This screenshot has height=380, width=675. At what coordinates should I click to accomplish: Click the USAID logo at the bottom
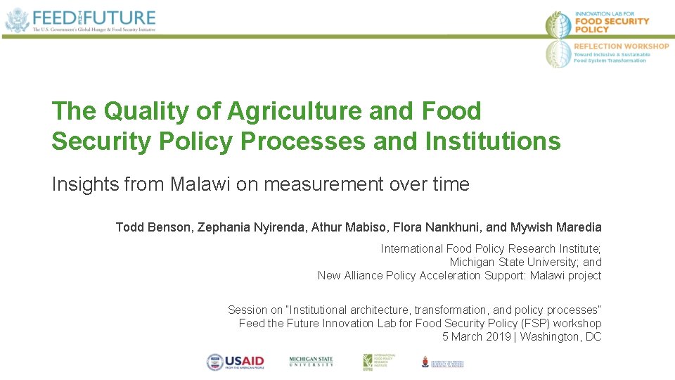tap(235, 362)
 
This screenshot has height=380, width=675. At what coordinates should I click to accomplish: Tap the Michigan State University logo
tap(311, 362)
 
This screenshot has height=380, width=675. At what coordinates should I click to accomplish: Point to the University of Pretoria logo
tap(443, 362)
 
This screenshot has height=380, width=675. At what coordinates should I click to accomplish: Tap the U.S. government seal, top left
tap(16, 20)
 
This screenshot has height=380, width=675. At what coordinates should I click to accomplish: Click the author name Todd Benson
tap(154, 227)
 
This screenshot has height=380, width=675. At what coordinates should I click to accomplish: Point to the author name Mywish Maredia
tap(555, 227)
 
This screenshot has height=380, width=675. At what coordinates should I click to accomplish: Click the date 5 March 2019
tap(475, 336)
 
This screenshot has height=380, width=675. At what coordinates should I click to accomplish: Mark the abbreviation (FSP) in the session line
tap(532, 323)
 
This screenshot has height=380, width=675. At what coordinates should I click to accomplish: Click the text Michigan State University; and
tap(525, 262)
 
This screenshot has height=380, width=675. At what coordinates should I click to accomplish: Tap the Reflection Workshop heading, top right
tap(622, 46)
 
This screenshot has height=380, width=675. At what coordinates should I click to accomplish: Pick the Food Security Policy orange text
tap(611, 25)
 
